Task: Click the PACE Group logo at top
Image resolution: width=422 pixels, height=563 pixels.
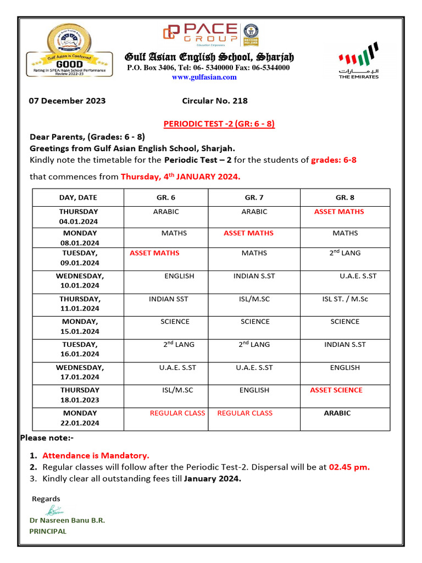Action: coord(201,34)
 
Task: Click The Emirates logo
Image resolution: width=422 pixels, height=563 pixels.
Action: coord(358,61)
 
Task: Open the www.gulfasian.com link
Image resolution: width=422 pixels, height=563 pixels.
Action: coord(204,78)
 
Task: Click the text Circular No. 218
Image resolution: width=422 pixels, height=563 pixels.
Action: coord(214,101)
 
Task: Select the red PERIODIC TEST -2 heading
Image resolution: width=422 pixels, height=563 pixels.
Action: coord(219,124)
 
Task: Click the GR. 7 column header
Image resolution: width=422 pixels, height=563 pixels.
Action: coord(254,197)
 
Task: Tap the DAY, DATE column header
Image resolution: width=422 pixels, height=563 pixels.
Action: coord(78,197)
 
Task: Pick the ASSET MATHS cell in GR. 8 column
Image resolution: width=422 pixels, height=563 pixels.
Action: coord(338,212)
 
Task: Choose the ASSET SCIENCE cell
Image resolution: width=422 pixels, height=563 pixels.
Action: coord(336,390)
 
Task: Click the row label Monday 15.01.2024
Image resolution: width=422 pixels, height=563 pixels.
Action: coord(80,327)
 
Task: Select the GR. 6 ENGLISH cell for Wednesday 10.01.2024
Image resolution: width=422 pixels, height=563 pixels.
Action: coord(179,276)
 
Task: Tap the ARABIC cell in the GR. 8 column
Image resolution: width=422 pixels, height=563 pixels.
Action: coord(337,413)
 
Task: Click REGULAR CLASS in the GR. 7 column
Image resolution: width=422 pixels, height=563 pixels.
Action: coord(245,413)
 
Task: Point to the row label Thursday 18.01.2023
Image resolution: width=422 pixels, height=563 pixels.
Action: coord(80,395)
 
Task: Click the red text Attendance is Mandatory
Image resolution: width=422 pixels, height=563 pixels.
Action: coord(96,456)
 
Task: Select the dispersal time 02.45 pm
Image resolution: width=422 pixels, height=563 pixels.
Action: coord(349,467)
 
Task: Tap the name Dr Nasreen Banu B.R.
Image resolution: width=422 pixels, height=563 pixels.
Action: coord(67,520)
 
